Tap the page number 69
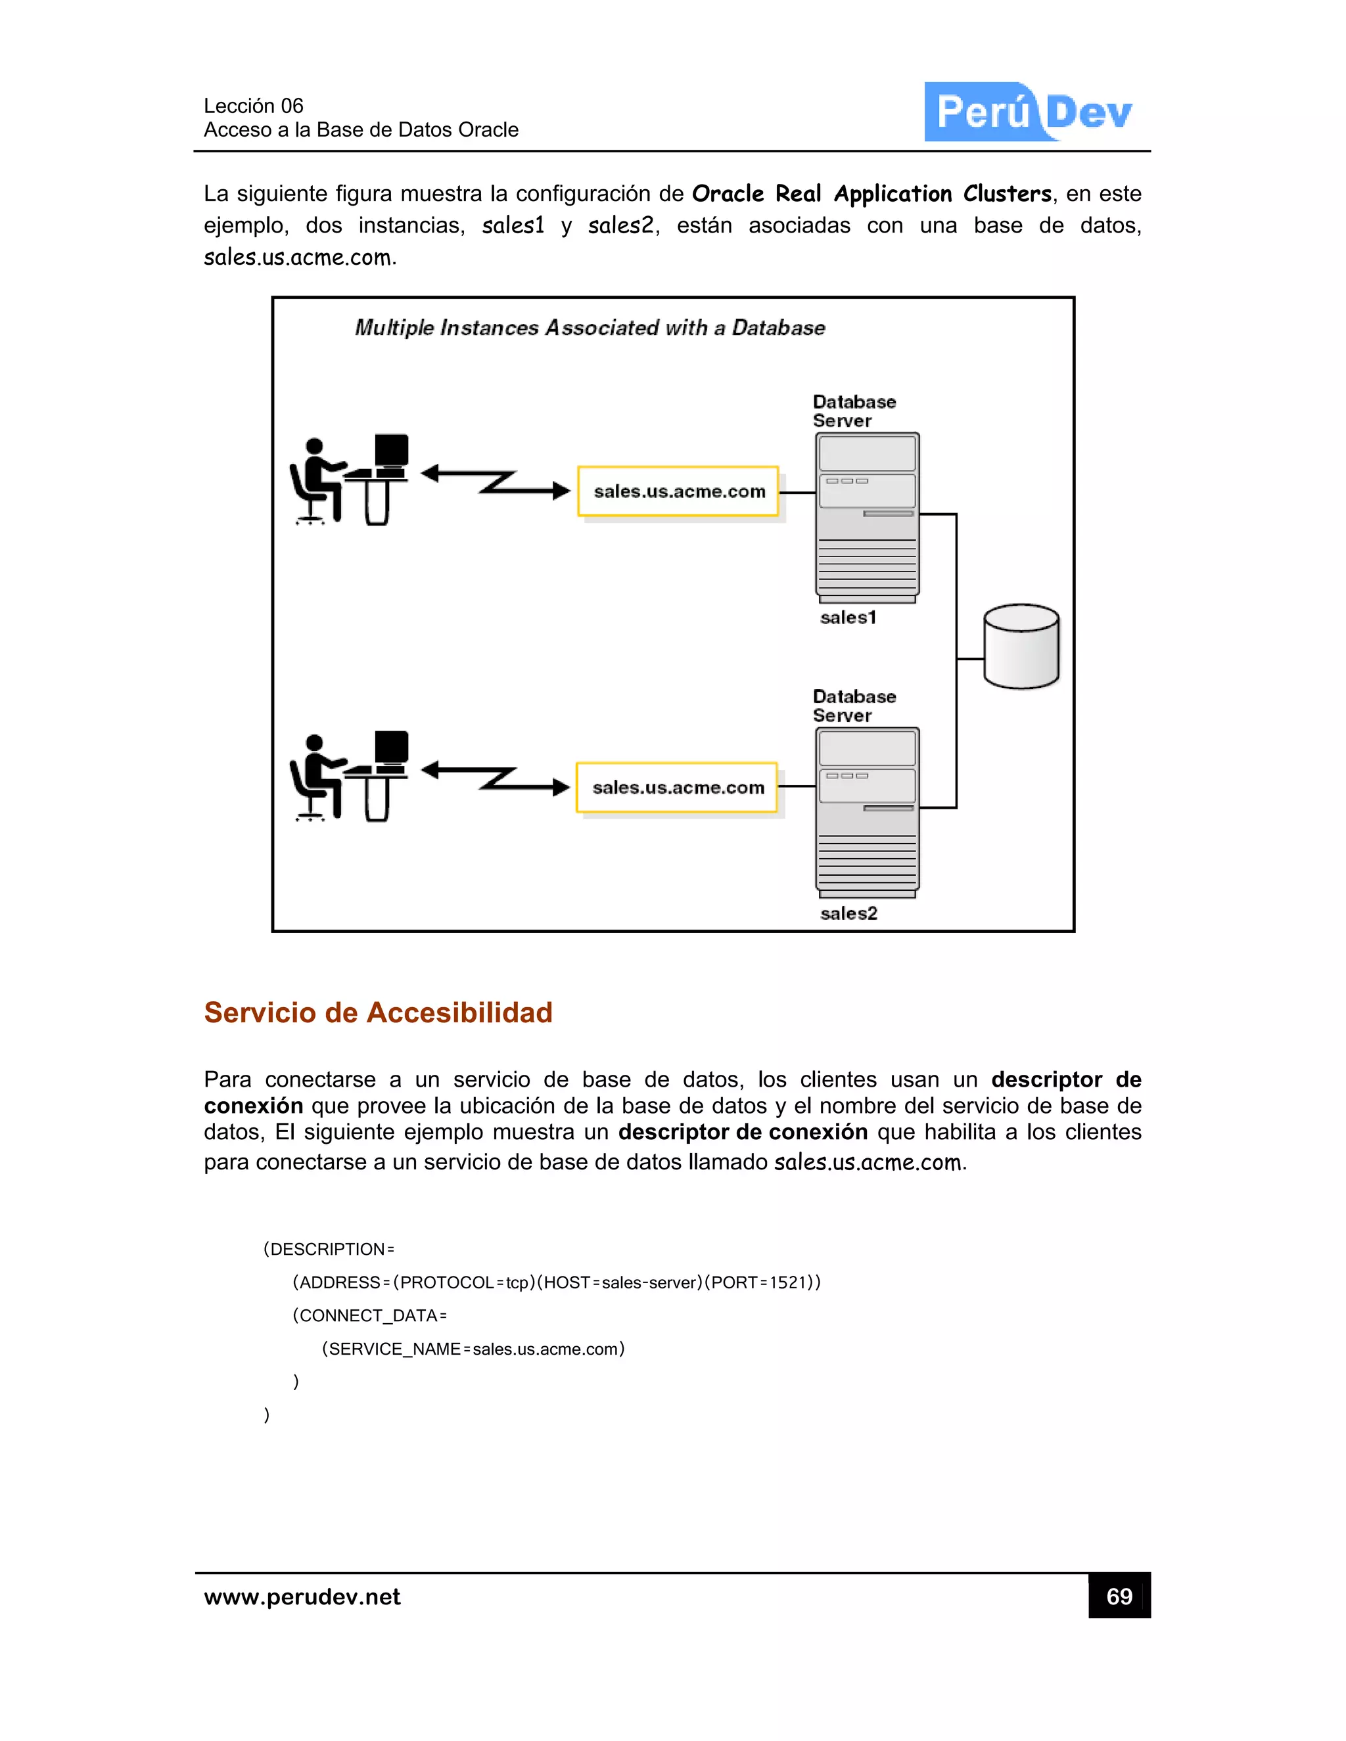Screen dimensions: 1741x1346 [x=1119, y=1596]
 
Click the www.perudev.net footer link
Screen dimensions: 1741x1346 [x=302, y=1596]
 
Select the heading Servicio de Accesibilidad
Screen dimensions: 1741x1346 [x=378, y=1012]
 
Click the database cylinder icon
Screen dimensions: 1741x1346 [x=1021, y=646]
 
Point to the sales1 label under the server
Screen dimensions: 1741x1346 [x=848, y=618]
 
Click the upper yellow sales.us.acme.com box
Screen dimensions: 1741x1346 [x=678, y=491]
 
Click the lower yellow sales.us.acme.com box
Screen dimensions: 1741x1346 [x=676, y=788]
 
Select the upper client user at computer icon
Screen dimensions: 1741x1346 [x=349, y=479]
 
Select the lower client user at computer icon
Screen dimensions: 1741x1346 [x=349, y=777]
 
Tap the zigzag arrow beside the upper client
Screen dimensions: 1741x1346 [x=495, y=482]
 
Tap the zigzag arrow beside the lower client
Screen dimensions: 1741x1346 [x=495, y=778]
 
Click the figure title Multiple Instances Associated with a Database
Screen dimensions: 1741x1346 [x=590, y=328]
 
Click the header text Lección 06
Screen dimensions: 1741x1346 [x=254, y=106]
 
